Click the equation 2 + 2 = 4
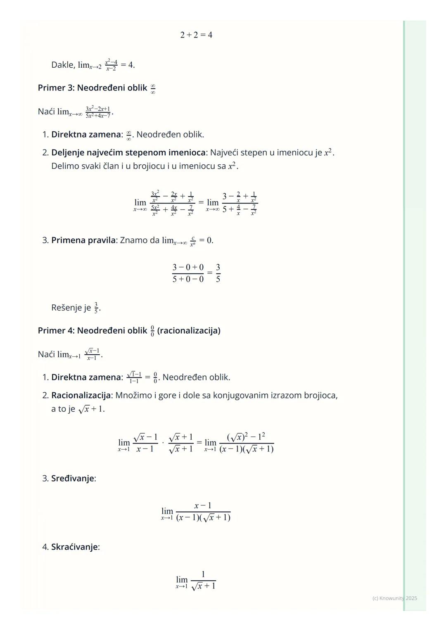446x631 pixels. (x=196, y=35)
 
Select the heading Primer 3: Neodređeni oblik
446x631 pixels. (x=92, y=88)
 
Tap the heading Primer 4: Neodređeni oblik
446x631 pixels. (x=92, y=331)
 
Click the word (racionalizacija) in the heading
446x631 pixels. (x=189, y=331)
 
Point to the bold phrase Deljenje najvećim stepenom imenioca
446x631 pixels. (x=128, y=153)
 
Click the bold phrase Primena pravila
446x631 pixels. (x=84, y=240)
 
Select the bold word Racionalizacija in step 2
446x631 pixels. (x=81, y=396)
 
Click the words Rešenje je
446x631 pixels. (x=71, y=308)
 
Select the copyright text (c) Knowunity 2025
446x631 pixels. (x=394, y=598)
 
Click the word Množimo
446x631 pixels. (x=132, y=396)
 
